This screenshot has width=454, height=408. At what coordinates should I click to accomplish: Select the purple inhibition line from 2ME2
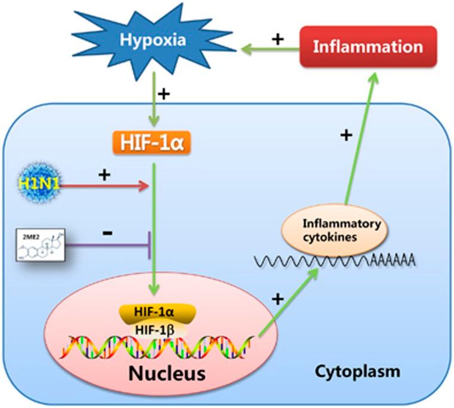point(108,244)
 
